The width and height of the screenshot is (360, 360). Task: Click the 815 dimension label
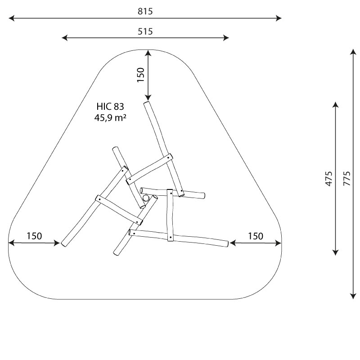(x=145, y=11)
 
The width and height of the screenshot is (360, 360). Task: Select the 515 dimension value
(x=145, y=31)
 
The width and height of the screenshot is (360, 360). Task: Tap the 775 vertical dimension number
(x=347, y=178)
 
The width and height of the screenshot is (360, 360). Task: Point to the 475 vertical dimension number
(x=329, y=178)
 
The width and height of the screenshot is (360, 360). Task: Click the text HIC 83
(x=110, y=107)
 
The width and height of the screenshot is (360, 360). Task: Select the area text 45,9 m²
(x=110, y=118)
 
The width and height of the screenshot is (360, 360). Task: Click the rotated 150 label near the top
(x=140, y=75)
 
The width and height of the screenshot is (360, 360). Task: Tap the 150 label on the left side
(x=35, y=236)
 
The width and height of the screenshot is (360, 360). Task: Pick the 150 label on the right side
(x=256, y=236)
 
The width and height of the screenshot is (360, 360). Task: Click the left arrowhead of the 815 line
(x=11, y=18)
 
